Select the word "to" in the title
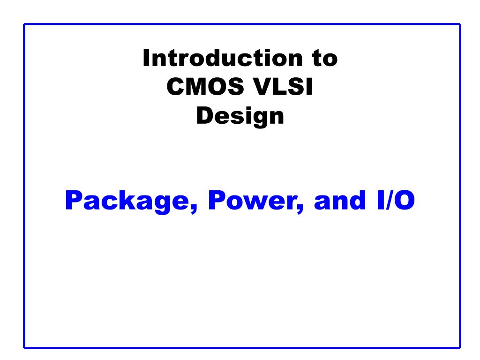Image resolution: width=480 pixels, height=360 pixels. [325, 59]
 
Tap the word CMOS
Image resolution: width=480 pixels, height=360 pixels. [205, 87]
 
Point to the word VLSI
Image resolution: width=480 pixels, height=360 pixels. [283, 87]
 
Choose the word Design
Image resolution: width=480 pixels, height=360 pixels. [240, 117]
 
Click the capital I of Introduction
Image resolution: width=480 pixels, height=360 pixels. [146, 58]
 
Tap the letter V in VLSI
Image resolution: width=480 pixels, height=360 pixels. [263, 87]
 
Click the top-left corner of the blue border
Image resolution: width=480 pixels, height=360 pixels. [24, 24]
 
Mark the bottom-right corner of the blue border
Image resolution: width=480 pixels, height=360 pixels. [460, 348]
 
